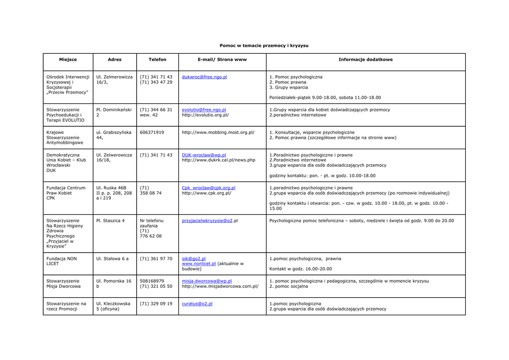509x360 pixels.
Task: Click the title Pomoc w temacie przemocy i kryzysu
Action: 264,46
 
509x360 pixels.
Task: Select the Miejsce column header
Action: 68,60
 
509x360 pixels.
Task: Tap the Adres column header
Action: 114,60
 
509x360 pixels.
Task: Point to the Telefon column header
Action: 157,60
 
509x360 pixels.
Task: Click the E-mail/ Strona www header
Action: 222,60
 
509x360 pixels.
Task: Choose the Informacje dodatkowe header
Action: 365,60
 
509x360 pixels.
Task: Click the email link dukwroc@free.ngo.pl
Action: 204,77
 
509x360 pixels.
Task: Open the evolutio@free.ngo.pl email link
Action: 204,109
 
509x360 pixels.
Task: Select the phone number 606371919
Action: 152,132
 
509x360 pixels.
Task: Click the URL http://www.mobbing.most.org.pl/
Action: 218,132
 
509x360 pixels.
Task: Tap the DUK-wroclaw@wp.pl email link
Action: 204,155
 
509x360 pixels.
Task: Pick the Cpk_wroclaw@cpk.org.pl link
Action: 208,188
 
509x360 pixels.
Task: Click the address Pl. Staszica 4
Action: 110,220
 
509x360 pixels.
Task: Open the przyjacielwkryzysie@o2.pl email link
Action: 207,220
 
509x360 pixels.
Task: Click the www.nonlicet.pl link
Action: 199,264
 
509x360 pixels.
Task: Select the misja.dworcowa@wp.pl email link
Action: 207,281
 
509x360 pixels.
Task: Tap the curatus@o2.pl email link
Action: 197,303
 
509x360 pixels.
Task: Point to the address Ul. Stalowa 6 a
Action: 112,259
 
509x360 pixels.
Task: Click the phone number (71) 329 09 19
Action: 156,303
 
